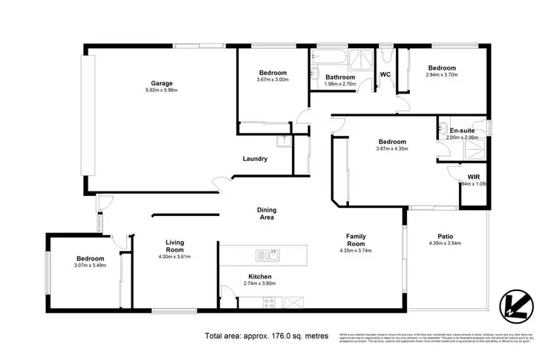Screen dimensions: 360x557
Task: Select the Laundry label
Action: tap(255, 159)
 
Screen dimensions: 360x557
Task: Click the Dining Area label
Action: tap(267, 213)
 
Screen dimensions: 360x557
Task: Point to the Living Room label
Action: tap(176, 246)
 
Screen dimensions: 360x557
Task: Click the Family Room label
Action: tap(356, 240)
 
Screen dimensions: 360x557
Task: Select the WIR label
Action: tap(474, 176)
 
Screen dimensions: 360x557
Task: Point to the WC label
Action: tap(385, 75)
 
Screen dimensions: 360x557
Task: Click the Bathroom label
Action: tap(341, 76)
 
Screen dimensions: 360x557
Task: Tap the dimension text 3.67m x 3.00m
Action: tap(273, 79)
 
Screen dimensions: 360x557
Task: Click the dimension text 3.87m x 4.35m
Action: tap(392, 150)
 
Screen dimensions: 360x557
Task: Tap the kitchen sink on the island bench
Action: tap(273, 257)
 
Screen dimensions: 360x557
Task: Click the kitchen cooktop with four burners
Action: tap(269, 302)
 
